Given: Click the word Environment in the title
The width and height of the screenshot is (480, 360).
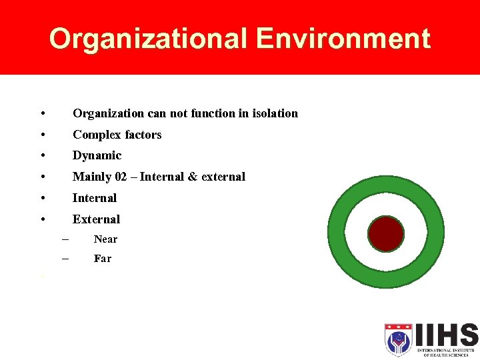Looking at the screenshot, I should [343, 39].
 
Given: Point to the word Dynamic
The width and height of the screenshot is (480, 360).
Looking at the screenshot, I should [97, 155].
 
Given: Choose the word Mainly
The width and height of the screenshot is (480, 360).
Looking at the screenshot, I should [89, 177].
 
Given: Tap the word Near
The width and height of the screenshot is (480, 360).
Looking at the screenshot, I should [105, 239].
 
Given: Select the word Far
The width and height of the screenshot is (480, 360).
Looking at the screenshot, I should [103, 259].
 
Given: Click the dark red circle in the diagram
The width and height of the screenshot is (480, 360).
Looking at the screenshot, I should [386, 234].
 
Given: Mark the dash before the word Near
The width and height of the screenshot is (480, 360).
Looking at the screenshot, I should [65, 239].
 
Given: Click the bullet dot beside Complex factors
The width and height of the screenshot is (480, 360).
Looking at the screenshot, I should [43, 135].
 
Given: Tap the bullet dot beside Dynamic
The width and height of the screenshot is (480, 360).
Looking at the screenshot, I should [43, 156].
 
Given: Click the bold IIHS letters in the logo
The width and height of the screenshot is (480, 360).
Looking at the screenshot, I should [446, 335].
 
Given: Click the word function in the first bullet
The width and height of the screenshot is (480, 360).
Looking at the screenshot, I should [212, 113].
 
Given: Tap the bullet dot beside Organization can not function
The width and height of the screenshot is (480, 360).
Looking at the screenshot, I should [43, 114].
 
